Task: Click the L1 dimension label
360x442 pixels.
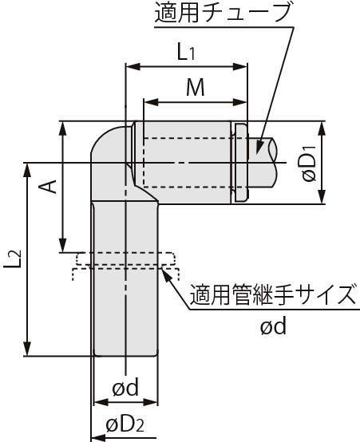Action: [186, 52]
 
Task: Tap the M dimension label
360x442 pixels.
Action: [196, 88]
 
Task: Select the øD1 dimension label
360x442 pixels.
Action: [309, 164]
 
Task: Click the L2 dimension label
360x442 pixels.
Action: [13, 258]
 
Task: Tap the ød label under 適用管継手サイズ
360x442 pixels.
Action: [273, 326]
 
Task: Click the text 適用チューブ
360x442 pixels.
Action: [223, 14]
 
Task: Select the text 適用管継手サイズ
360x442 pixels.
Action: [272, 294]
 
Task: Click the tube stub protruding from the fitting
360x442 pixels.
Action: [262, 163]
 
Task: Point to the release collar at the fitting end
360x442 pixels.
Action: [240, 163]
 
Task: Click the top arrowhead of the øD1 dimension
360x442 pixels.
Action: [322, 129]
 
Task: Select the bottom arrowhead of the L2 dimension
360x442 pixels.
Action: [27, 349]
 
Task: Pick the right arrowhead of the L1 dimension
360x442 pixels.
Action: [240, 67]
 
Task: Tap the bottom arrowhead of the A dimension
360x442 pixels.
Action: [62, 245]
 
